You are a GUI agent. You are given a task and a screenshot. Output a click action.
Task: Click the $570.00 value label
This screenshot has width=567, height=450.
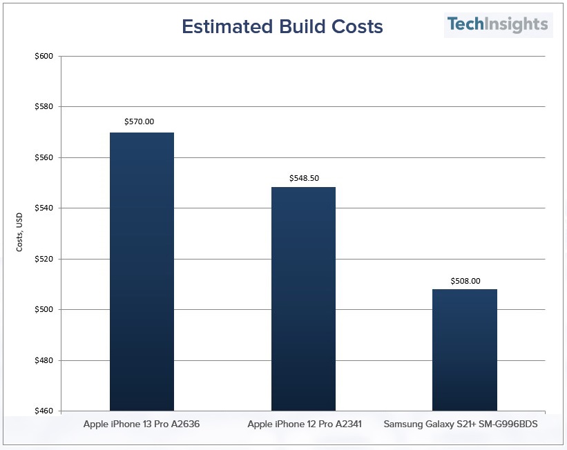pos(140,121)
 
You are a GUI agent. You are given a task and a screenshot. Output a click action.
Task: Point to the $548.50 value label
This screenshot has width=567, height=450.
pos(304,177)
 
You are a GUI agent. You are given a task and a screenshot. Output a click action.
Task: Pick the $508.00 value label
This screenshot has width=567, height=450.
pos(465,281)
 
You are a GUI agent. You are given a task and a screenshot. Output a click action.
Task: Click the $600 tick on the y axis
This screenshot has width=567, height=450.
pos(44,56)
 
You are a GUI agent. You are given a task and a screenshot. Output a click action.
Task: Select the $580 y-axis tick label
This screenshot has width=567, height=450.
pos(44,107)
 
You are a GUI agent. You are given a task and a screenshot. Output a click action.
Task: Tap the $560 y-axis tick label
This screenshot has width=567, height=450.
pos(44,157)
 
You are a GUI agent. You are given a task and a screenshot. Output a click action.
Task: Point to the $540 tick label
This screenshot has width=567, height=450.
pos(44,208)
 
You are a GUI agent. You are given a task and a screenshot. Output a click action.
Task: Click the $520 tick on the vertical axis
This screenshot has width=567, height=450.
pos(44,259)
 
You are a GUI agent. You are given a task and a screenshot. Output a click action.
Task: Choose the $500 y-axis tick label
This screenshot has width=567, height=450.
pos(44,310)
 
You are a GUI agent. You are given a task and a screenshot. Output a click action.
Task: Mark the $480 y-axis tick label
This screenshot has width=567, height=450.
pos(44,360)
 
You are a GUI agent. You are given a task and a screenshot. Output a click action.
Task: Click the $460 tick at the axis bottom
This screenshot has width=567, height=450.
pos(44,411)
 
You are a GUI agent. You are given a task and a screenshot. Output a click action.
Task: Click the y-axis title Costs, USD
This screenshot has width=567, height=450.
pos(20,233)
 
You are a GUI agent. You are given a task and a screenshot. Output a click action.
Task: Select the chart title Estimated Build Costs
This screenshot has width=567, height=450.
pos(282,27)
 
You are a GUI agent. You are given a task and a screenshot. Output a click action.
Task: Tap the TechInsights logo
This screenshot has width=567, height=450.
pos(497,25)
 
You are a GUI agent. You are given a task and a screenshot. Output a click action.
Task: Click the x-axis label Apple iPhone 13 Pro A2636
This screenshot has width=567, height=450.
pos(142,424)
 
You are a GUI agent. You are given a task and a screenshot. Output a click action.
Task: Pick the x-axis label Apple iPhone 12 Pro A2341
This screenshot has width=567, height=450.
pos(305,424)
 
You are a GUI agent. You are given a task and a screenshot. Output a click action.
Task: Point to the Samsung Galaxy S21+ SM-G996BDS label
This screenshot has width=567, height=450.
pos(461,424)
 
